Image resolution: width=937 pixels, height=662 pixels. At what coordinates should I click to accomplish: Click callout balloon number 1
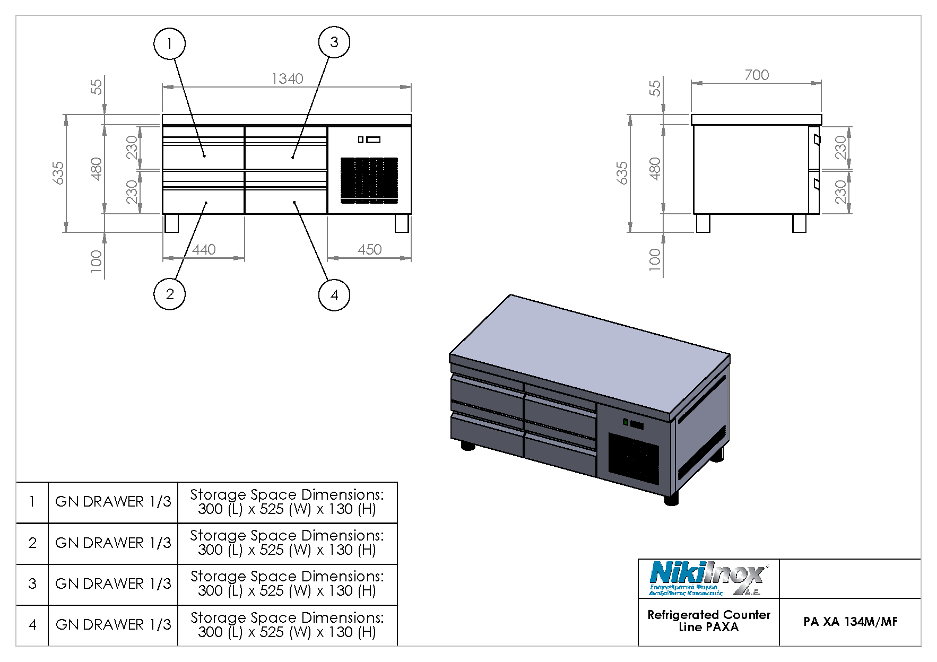(169, 43)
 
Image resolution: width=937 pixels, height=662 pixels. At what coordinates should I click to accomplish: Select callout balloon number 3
(334, 42)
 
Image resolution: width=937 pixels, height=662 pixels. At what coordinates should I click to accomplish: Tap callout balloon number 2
(169, 294)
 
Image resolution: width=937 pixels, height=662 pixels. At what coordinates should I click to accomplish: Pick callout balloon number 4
(334, 295)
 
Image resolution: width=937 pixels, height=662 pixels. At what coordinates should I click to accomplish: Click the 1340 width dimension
(287, 79)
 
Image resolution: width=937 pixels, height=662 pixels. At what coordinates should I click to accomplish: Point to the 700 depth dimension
(756, 75)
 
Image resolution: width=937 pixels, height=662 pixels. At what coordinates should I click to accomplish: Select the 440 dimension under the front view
(204, 249)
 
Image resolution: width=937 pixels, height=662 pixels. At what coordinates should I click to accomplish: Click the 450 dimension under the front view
(369, 249)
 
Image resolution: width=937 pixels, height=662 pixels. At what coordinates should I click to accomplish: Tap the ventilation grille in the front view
(369, 179)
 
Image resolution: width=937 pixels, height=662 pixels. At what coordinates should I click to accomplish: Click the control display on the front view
(369, 140)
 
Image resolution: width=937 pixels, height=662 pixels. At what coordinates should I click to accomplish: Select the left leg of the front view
(171, 223)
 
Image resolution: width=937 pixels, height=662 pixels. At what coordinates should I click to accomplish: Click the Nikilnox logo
(708, 579)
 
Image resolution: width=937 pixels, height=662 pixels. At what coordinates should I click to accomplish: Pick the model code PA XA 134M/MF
(850, 622)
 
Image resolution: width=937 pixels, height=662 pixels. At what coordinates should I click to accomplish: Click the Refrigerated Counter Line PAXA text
(708, 621)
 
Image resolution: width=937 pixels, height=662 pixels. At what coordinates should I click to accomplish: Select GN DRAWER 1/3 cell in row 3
(113, 584)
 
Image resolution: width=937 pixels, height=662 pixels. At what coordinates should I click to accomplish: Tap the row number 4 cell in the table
(32, 625)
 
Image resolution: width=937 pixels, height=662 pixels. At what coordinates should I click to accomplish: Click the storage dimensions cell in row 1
(287, 502)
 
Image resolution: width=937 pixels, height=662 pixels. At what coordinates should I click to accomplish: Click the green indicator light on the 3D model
(626, 422)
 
